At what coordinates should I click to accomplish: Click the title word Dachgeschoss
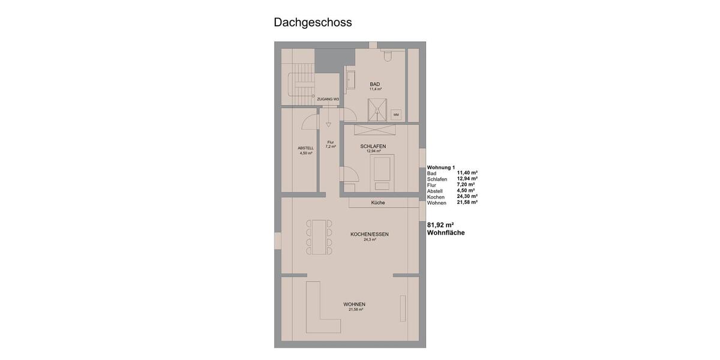(x=313, y=23)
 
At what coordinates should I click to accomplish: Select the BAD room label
(x=375, y=84)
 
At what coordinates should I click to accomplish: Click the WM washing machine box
(x=396, y=114)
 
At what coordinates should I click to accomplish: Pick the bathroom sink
(x=351, y=81)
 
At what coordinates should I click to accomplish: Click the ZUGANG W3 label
(x=328, y=99)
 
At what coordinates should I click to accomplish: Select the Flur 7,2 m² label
(x=331, y=144)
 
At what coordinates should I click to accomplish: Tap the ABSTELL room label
(x=306, y=150)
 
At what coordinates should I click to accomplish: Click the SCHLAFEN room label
(x=373, y=146)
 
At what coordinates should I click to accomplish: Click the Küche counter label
(x=378, y=203)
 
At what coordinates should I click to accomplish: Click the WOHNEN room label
(x=354, y=304)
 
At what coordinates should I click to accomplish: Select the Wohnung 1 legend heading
(x=441, y=167)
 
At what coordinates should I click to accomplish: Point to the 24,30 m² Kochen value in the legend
(x=467, y=196)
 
